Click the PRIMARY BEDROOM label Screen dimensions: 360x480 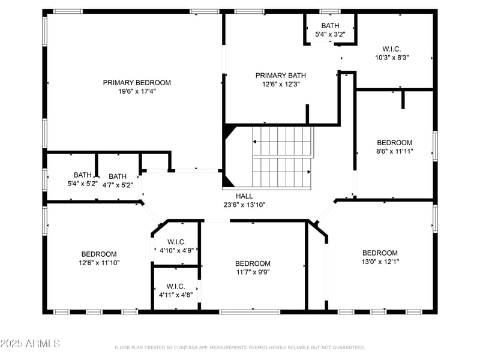[x=137, y=83]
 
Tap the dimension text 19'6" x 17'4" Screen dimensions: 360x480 [x=137, y=92]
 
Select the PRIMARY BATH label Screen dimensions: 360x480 [x=280, y=76]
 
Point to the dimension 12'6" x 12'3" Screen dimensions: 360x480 [x=280, y=85]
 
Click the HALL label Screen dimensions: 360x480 [x=244, y=196]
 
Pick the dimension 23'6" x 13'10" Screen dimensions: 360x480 [x=244, y=205]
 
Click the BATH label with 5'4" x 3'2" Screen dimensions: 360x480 [x=330, y=26]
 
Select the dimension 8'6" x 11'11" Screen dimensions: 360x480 [x=394, y=151]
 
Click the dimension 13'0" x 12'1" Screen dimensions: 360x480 [x=380, y=262]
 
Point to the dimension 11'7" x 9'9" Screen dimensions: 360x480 [x=253, y=272]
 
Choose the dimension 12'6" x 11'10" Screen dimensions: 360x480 [x=99, y=263]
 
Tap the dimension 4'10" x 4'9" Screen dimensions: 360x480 [x=175, y=251]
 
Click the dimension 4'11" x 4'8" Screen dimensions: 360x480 [x=175, y=295]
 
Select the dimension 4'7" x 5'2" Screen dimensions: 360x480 [x=118, y=185]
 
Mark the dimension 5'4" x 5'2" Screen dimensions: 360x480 [x=83, y=184]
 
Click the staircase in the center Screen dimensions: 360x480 [x=282, y=157]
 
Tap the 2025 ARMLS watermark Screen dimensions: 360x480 [x=30, y=344]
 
